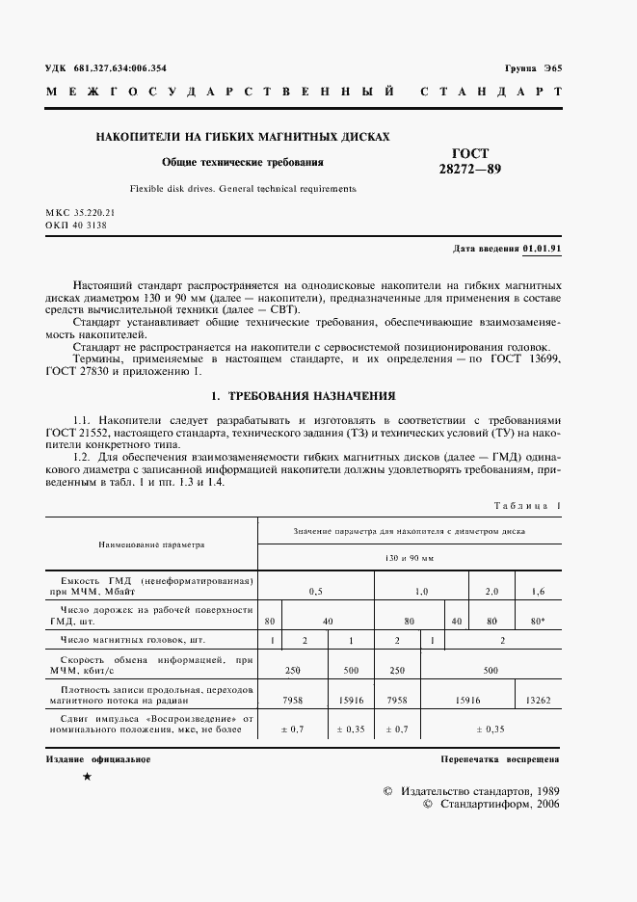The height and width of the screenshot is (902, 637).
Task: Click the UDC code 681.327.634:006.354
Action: pyautogui.click(x=119, y=66)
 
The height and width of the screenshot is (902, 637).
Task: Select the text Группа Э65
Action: pyautogui.click(x=532, y=66)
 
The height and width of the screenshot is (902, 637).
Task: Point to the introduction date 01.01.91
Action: pyautogui.click(x=543, y=249)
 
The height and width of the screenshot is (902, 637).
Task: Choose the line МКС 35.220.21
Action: pyautogui.click(x=80, y=211)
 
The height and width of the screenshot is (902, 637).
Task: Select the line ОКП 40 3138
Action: pyautogui.click(x=76, y=225)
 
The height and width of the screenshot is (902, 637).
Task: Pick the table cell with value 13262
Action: pyautogui.click(x=540, y=700)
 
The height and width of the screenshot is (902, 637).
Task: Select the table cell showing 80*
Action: pyautogui.click(x=539, y=622)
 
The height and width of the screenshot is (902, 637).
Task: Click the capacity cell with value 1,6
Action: pyautogui.click(x=539, y=590)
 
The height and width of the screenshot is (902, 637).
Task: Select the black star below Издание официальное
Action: pyautogui.click(x=88, y=777)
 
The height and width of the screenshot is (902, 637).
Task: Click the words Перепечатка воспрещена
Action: pyautogui.click(x=500, y=759)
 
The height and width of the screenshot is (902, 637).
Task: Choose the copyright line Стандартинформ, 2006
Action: pyautogui.click(x=491, y=804)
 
